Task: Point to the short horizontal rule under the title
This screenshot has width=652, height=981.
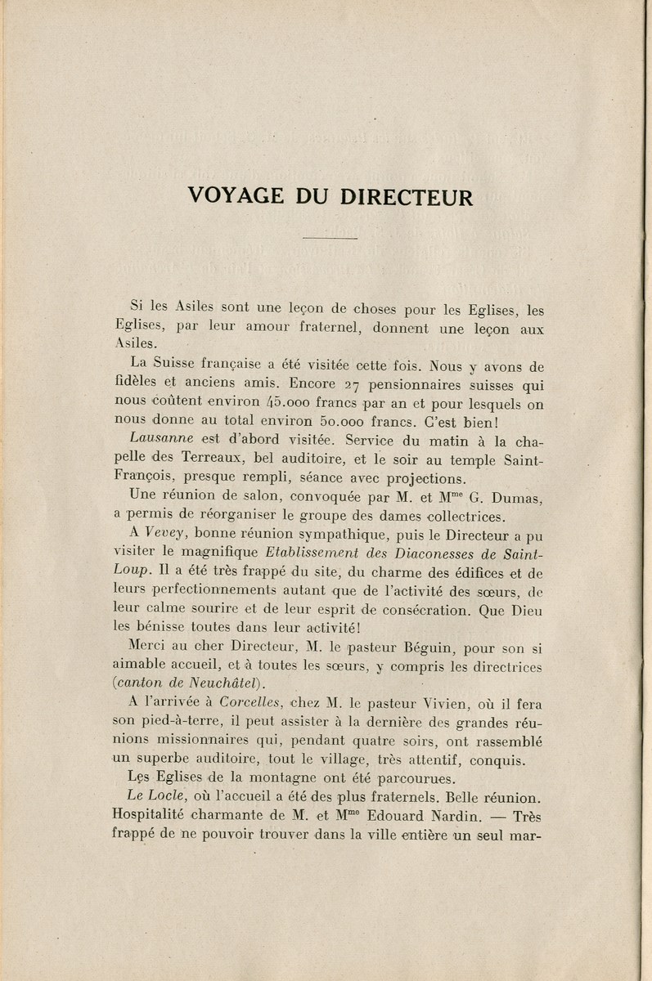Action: (326, 237)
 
